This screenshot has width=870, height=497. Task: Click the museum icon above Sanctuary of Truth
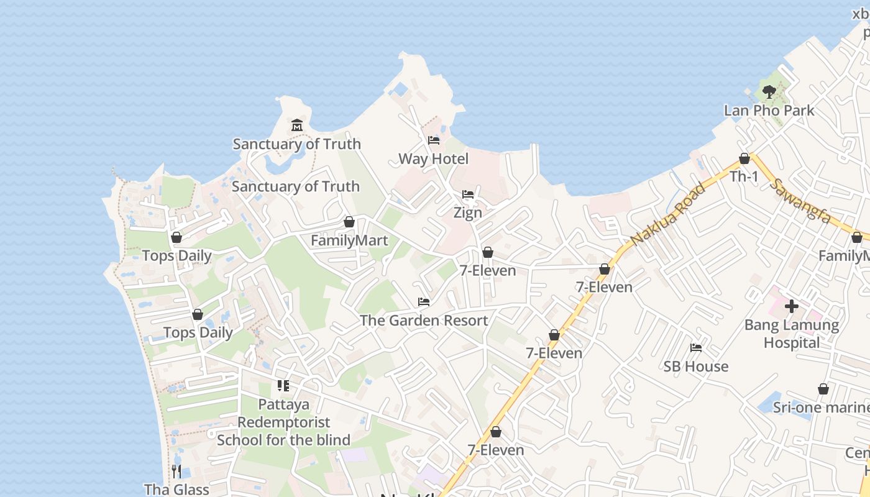296,125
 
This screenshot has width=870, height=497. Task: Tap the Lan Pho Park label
769,111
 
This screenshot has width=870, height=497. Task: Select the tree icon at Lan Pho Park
769,93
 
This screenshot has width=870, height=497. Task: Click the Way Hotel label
433,159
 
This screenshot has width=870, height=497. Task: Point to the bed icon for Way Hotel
433,140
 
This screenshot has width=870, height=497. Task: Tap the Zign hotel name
467,213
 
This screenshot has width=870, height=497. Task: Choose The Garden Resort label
424,321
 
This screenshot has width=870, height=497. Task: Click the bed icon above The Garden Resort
424,302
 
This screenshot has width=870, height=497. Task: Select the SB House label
695,367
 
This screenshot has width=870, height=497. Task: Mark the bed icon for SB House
695,348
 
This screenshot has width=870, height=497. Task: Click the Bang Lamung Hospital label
792,334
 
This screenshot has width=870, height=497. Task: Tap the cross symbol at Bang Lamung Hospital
792,306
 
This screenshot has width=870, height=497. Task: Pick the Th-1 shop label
744,177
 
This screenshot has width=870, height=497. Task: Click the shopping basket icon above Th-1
744,159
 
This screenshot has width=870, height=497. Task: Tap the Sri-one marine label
820,408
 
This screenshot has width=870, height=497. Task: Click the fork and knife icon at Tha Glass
176,471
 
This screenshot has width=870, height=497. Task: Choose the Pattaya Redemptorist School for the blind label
283,422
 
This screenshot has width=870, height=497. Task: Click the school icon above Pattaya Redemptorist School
283,386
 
